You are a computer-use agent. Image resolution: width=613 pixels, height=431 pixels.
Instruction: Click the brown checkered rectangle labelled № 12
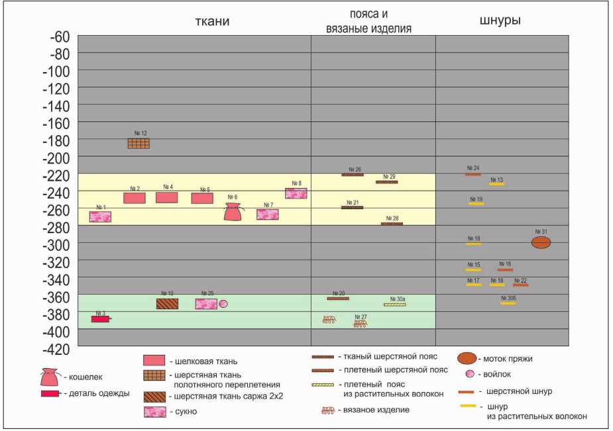pyautogui.click(x=139, y=143)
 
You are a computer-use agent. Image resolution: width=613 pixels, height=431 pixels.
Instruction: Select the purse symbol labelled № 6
pyautogui.click(x=232, y=212)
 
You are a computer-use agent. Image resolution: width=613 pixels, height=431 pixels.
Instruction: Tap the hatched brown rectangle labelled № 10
pyautogui.click(x=167, y=304)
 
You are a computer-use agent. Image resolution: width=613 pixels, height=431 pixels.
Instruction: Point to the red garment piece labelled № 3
pyautogui.click(x=100, y=319)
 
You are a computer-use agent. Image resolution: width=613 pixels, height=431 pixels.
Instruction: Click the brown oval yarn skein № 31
pyautogui.click(x=541, y=242)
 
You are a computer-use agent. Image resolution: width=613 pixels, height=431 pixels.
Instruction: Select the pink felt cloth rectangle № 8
pyautogui.click(x=296, y=193)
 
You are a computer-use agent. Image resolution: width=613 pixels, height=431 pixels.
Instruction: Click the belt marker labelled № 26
pyautogui.click(x=353, y=175)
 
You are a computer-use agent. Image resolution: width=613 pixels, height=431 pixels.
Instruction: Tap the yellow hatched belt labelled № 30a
pyautogui.click(x=395, y=305)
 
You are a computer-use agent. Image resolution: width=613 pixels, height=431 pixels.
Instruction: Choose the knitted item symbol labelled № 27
pyautogui.click(x=361, y=324)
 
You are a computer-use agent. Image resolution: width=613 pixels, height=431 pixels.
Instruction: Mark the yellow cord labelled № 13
pyautogui.click(x=496, y=184)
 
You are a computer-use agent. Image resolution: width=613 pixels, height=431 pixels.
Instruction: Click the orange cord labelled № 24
pyautogui.click(x=473, y=174)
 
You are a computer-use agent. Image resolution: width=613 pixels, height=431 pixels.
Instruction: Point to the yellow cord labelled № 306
pyautogui.click(x=508, y=303)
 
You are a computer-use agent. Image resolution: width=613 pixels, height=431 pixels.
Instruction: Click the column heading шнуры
pyautogui.click(x=499, y=21)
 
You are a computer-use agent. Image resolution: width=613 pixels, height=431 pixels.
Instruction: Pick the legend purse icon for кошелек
pyautogui.click(x=50, y=377)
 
